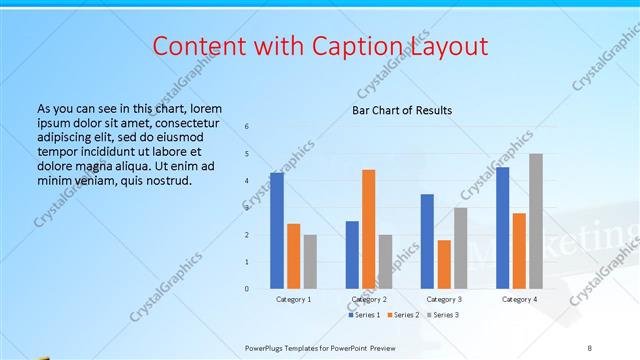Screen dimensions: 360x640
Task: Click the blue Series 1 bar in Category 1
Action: [x=277, y=231]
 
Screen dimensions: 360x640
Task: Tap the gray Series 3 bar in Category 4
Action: [x=536, y=221]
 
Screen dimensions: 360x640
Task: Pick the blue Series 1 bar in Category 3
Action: [x=427, y=241]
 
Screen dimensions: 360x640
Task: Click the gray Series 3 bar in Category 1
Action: [x=310, y=261]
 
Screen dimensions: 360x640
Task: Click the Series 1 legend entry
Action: [x=366, y=315]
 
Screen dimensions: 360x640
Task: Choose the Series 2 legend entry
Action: [x=403, y=315]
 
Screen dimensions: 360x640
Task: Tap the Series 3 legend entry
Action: [x=441, y=315]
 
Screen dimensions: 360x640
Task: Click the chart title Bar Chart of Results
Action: [x=402, y=110]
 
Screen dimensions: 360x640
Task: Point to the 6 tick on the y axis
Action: [x=247, y=127]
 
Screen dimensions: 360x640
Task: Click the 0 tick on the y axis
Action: [x=247, y=289]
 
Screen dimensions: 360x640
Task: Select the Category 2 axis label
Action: [x=368, y=299]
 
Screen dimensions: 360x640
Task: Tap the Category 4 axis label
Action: [x=519, y=299]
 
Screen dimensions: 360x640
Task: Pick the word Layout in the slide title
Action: [x=450, y=47]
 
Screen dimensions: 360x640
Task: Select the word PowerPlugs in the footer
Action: [x=268, y=346]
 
